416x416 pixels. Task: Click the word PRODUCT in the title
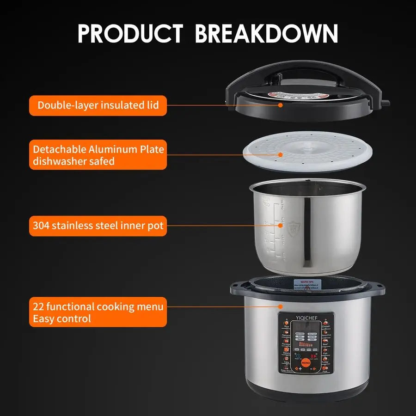pyautogui.click(x=130, y=33)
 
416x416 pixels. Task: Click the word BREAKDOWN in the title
pyautogui.click(x=266, y=33)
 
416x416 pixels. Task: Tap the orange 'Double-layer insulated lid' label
pyautogui.click(x=98, y=105)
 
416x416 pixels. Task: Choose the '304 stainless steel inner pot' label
pyautogui.click(x=98, y=226)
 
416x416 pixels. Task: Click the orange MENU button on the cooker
pyautogui.click(x=306, y=363)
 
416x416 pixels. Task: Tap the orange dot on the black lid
pyautogui.click(x=280, y=105)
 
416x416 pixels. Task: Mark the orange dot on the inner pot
pyautogui.click(x=280, y=226)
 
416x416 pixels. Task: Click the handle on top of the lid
pyautogui.click(x=305, y=72)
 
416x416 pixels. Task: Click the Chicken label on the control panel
pyautogui.click(x=326, y=326)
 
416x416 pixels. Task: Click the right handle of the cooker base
pyautogui.click(x=378, y=288)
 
